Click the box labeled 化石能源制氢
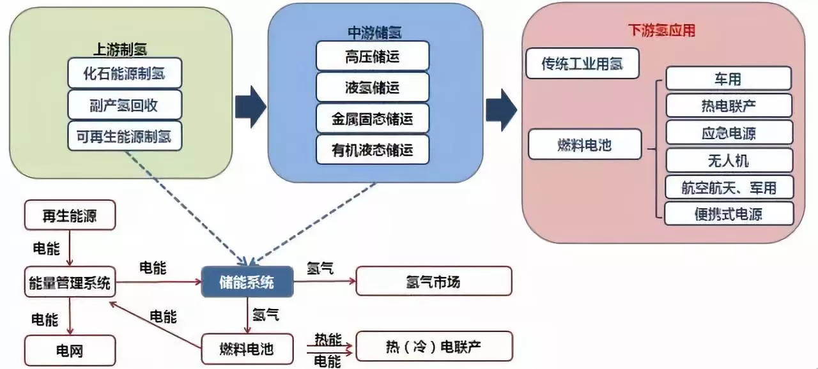(125, 73)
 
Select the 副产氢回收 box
(125, 104)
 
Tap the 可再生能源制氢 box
(125, 135)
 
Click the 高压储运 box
(372, 56)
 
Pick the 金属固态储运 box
(372, 118)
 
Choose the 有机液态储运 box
(372, 149)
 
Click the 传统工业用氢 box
(582, 63)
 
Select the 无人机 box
(729, 160)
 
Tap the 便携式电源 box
(729, 214)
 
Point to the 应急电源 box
(729, 133)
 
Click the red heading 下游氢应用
(661, 30)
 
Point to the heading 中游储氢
(374, 31)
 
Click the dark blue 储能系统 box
(247, 281)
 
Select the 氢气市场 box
(433, 281)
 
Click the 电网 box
(70, 350)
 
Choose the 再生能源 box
(70, 215)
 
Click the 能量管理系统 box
(70, 282)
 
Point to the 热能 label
(328, 338)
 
